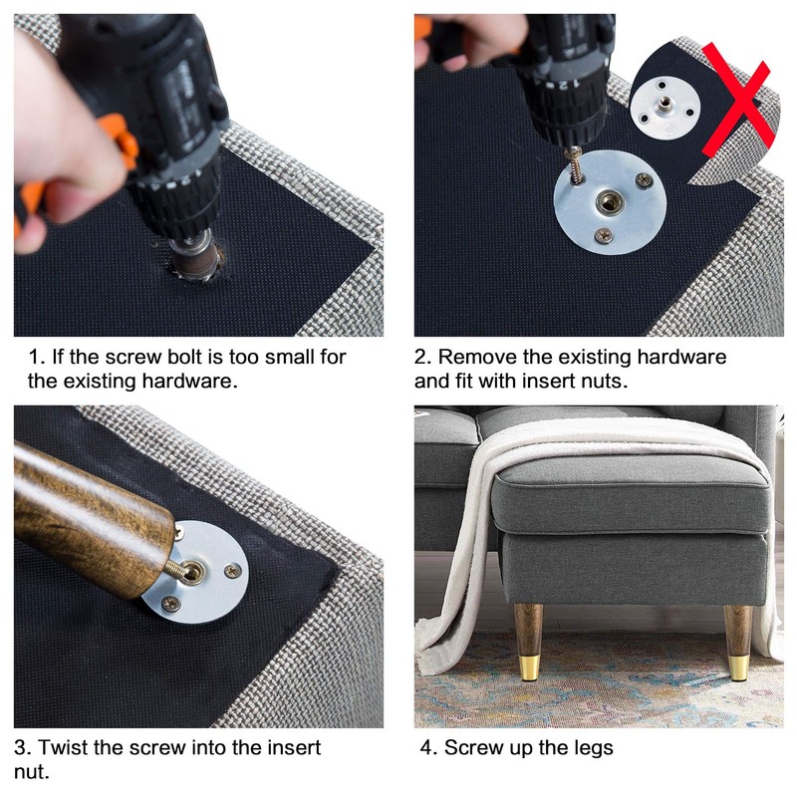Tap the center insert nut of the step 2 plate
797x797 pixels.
609,202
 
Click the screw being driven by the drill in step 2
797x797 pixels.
576,164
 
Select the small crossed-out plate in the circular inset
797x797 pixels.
664,108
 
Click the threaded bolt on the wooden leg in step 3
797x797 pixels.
175,568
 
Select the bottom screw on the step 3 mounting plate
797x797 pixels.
170,604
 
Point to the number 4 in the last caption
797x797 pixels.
426,748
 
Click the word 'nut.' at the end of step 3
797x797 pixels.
32,771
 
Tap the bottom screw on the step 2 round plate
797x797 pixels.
604,235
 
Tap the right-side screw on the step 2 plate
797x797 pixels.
644,179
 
